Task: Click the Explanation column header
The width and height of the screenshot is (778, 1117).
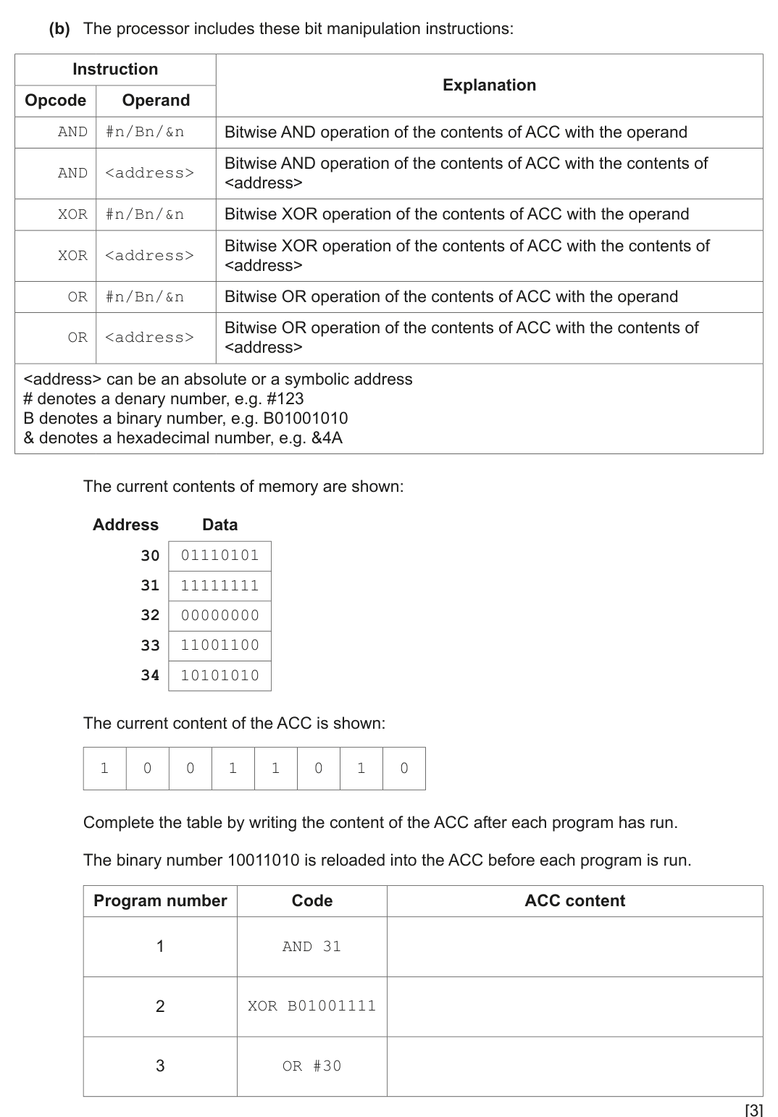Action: [489, 85]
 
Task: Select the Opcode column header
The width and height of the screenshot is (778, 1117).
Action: [55, 101]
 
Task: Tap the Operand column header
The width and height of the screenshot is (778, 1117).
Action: [156, 101]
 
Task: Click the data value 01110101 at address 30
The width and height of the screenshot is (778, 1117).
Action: [219, 556]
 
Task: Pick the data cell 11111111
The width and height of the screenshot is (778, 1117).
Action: [219, 586]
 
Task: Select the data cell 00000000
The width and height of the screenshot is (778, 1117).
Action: [219, 616]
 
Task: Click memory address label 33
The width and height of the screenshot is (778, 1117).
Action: [150, 645]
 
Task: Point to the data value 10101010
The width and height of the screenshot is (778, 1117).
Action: [219, 675]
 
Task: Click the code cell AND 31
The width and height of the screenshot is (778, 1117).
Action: [311, 947]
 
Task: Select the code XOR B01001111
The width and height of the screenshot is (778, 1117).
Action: [311, 1006]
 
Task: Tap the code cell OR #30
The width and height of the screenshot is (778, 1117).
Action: [311, 1066]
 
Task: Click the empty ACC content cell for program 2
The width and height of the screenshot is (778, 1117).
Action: [574, 1006]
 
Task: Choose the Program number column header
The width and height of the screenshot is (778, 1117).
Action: [160, 901]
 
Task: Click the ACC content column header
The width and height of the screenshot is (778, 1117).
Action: [574, 901]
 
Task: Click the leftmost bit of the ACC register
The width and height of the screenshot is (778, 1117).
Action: [104, 769]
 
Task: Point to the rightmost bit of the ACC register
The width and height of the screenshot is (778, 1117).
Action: [404, 769]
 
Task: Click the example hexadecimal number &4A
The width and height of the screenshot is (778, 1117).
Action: [327, 438]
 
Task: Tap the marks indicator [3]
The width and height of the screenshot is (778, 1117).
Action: [753, 1109]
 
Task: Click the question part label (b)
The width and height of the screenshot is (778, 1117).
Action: [59, 29]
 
